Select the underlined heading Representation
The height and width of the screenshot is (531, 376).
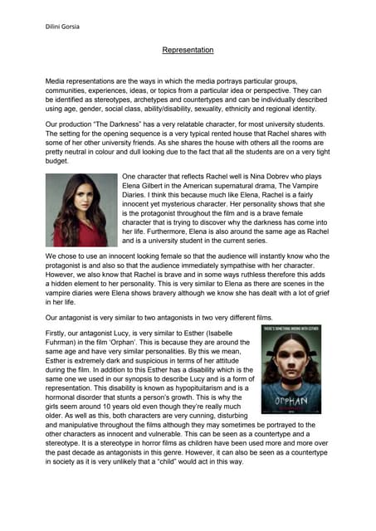[x=188, y=51]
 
